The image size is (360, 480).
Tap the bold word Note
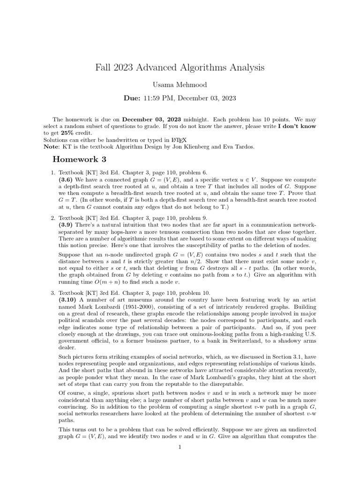pyautogui.click(x=52, y=147)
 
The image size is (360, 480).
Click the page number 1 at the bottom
pyautogui.click(x=180, y=447)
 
